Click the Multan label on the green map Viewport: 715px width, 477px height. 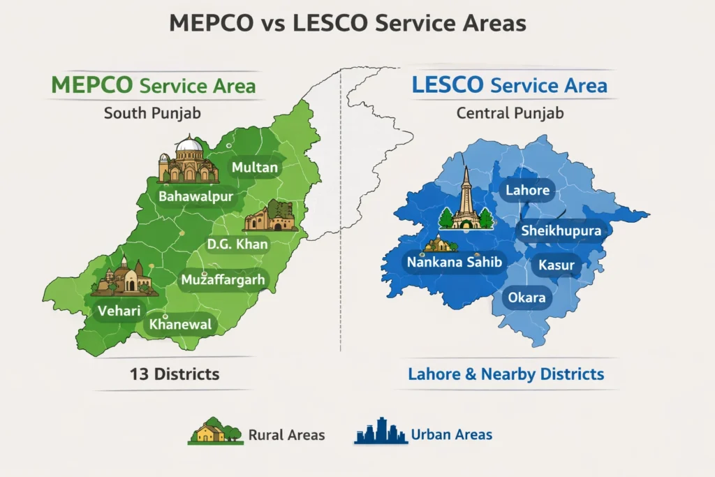(x=255, y=168)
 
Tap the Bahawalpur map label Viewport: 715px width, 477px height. (x=196, y=197)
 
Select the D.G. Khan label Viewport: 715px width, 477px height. (x=237, y=244)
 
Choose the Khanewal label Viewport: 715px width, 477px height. (x=181, y=325)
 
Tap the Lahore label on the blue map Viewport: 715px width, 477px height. (x=527, y=190)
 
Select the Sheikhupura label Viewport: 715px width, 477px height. (x=562, y=231)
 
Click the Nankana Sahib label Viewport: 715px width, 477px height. (x=453, y=262)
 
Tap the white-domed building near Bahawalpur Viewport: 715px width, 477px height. (x=187, y=161)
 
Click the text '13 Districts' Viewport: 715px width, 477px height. (x=175, y=374)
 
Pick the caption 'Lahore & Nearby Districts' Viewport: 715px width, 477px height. (x=506, y=374)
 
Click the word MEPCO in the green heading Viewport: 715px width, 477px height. (x=92, y=85)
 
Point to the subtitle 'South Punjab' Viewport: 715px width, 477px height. (x=147, y=112)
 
